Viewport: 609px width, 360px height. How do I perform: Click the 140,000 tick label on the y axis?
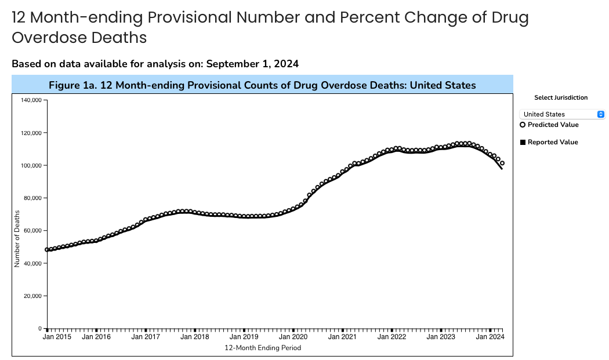(x=31, y=100)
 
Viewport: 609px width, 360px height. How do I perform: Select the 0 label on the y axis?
(x=40, y=329)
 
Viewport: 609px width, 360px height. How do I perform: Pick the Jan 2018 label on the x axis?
(x=194, y=336)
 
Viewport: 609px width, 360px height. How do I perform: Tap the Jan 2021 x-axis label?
(x=342, y=336)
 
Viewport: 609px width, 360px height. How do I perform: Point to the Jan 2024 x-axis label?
(x=490, y=336)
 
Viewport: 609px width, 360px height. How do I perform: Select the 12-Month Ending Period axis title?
(x=262, y=348)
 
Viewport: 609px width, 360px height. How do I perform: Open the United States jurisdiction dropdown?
(x=561, y=114)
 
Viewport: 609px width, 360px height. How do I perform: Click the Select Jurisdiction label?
(x=561, y=97)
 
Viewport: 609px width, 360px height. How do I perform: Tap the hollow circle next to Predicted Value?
(x=523, y=125)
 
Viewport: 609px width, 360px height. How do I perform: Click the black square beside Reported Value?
(x=523, y=142)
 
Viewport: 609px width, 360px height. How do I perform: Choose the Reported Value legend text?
(x=553, y=142)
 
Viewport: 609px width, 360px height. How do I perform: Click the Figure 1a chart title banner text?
(x=262, y=85)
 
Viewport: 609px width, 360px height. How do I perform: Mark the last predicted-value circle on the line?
(x=502, y=163)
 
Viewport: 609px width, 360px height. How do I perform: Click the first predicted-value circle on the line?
(x=47, y=250)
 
